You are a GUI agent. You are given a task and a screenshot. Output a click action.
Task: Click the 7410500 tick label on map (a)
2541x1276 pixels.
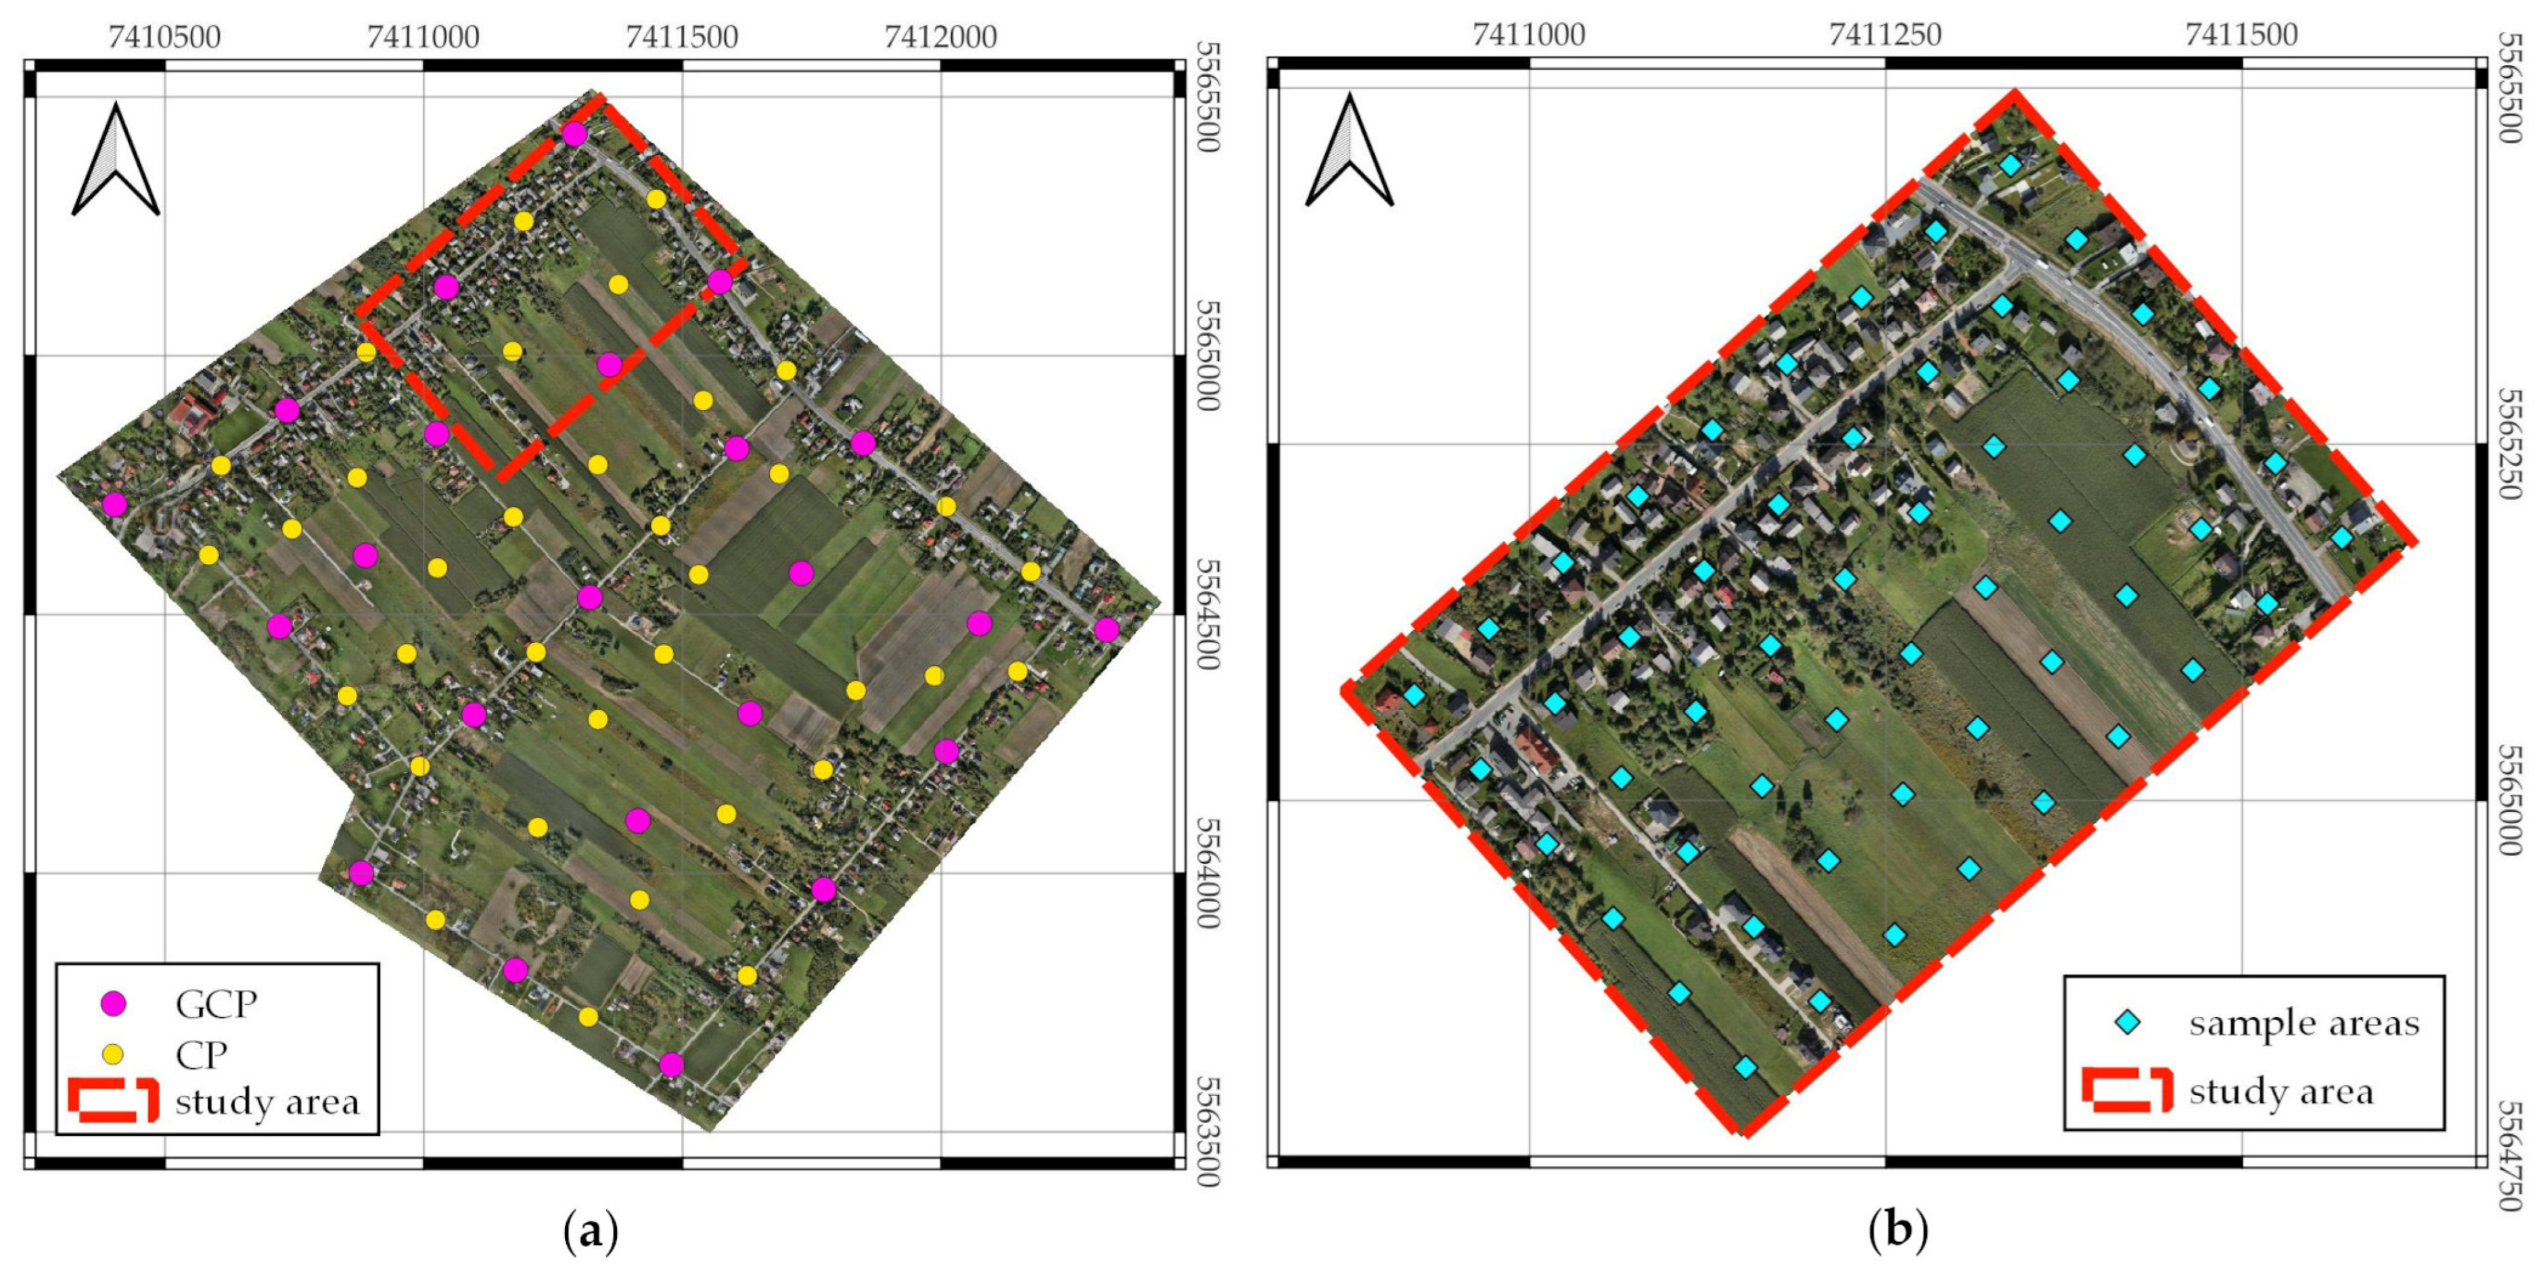164,37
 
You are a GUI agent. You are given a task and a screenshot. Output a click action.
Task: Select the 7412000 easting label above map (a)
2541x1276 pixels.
940,37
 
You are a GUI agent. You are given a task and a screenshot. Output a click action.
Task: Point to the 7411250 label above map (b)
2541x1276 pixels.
1884,34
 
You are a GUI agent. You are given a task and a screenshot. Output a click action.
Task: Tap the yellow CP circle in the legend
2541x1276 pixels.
114,1054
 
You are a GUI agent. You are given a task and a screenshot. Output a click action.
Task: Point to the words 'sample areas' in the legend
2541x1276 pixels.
2304,1024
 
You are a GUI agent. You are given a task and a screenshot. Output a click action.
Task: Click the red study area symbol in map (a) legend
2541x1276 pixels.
114,1100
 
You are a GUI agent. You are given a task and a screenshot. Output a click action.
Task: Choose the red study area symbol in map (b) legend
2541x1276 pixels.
2127,1089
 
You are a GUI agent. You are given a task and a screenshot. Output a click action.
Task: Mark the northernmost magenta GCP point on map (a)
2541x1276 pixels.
574,134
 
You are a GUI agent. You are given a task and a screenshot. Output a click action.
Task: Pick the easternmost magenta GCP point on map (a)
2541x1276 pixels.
1107,629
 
